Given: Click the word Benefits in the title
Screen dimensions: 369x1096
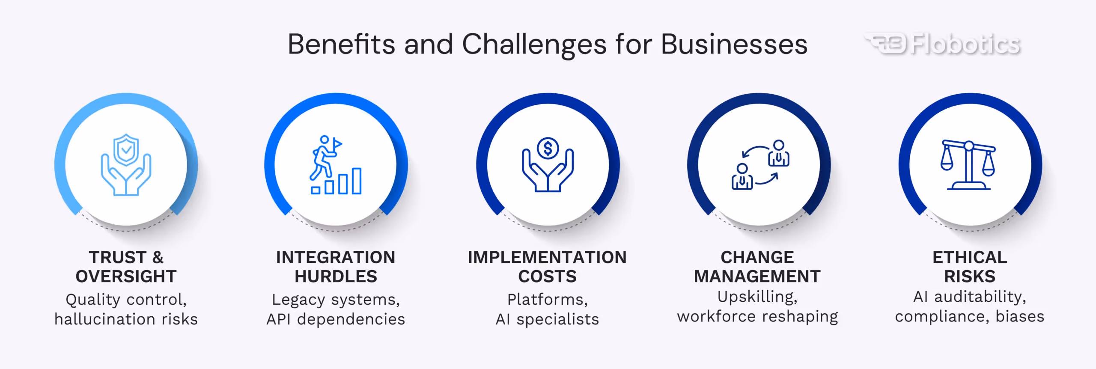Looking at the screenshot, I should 341,44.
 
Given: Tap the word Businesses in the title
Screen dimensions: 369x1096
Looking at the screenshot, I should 734,44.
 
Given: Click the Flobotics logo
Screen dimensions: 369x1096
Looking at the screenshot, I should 942,44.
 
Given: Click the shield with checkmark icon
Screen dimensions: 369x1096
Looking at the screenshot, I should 126,149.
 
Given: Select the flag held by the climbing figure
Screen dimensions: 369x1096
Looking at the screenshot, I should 337,143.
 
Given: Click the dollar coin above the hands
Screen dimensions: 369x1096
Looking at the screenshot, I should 548,149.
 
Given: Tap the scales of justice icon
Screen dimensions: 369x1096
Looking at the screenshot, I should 968,165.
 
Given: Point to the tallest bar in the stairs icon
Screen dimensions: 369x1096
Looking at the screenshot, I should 357,181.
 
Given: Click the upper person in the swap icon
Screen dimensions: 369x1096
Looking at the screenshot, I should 779,153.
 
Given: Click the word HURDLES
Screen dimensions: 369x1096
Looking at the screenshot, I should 336,277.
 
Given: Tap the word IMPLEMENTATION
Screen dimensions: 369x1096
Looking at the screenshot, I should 547,257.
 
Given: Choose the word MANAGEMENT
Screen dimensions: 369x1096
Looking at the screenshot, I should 757,277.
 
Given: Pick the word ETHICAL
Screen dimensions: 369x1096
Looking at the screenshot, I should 970,257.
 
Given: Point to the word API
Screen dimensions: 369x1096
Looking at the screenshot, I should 279,319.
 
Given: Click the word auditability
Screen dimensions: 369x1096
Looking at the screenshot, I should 980,297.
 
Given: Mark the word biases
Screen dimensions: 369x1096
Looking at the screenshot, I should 1020,316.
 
